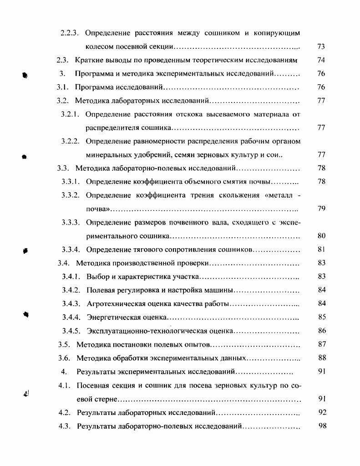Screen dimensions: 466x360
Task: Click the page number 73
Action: click(x=321, y=46)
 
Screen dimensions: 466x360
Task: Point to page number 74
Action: click(x=321, y=60)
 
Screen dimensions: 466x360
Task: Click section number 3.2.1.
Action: click(x=71, y=114)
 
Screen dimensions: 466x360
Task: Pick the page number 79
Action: click(x=321, y=209)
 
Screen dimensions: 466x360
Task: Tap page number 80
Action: click(x=321, y=236)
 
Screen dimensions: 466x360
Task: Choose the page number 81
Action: click(x=321, y=250)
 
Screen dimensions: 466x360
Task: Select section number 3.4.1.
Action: click(x=71, y=277)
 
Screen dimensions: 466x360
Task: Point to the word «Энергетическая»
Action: click(x=110, y=317)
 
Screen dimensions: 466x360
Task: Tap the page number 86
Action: click(x=321, y=331)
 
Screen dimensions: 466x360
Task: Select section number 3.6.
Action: click(x=64, y=358)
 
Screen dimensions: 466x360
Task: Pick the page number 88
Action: click(x=321, y=358)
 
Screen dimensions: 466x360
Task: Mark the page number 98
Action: click(x=321, y=426)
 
